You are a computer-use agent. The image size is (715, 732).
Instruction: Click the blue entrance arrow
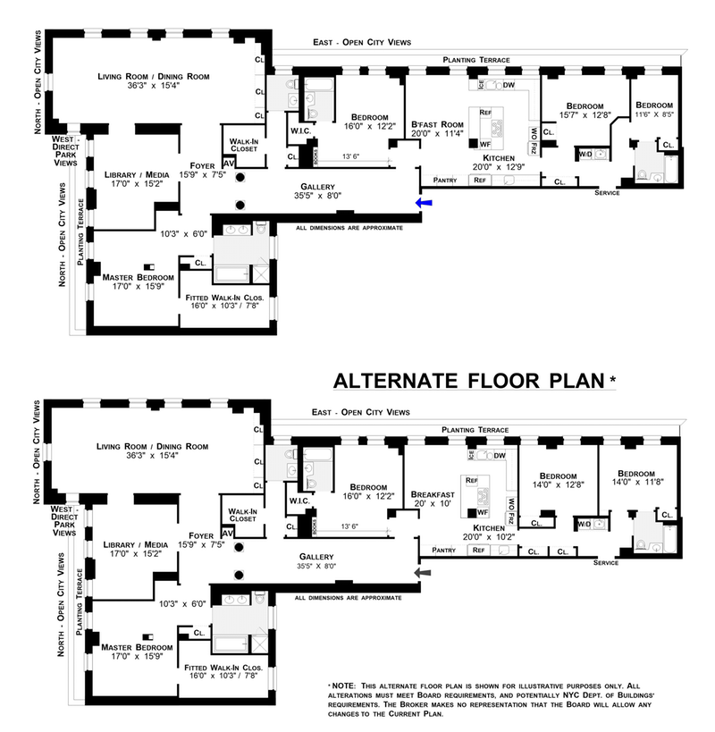pyautogui.click(x=424, y=204)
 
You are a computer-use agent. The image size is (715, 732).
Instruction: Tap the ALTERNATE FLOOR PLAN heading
pyautogui.click(x=469, y=381)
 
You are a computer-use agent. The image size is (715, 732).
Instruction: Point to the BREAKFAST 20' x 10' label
pyautogui.click(x=433, y=499)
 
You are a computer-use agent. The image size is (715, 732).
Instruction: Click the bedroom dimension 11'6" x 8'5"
pyautogui.click(x=655, y=114)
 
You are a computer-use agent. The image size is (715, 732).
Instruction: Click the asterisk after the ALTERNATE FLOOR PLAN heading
pyautogui.click(x=612, y=379)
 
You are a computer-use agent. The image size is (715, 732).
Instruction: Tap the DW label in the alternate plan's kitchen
pyautogui.click(x=500, y=456)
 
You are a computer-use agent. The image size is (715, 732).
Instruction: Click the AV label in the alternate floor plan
pyautogui.click(x=227, y=534)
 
